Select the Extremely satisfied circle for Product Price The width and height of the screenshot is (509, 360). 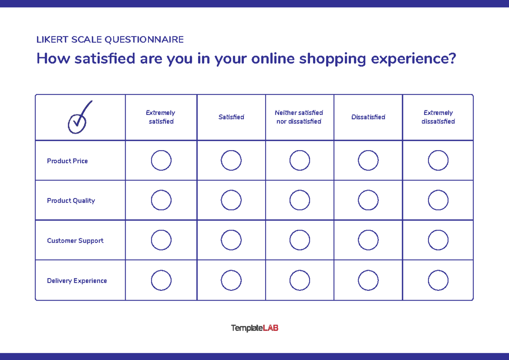[x=161, y=161]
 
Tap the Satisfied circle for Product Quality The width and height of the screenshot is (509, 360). [x=231, y=201]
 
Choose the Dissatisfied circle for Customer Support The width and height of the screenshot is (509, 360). [x=368, y=240]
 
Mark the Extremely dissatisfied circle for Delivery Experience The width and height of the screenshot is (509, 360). [x=438, y=281]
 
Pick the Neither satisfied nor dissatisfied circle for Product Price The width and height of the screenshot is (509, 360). [x=299, y=161]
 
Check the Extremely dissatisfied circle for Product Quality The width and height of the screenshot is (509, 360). [x=438, y=201]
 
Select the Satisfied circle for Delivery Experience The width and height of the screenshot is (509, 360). [x=231, y=281]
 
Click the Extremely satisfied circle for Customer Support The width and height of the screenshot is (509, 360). [x=161, y=240]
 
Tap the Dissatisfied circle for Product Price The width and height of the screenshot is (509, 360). [x=368, y=161]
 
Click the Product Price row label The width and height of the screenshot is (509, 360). [x=67, y=161]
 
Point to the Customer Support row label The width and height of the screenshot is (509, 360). [x=75, y=241]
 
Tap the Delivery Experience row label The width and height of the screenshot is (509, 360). [x=77, y=281]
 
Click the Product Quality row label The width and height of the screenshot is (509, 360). [x=71, y=201]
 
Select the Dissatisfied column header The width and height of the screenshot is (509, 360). [x=368, y=117]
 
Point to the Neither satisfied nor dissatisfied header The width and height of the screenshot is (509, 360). [x=299, y=117]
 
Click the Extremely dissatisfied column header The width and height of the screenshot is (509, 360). [x=438, y=117]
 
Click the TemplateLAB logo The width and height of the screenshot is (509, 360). [x=255, y=328]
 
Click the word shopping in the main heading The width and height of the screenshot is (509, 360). [x=332, y=59]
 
